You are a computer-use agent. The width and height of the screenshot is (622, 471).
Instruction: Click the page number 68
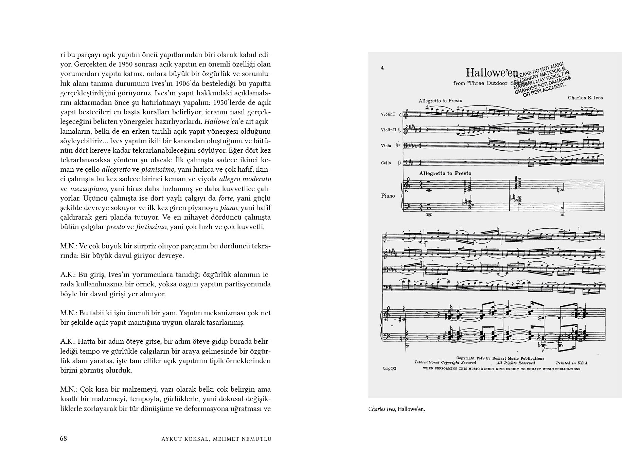64,438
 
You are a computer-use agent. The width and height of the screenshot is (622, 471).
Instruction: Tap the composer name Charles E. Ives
585,98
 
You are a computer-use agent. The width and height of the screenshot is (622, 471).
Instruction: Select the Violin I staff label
388,114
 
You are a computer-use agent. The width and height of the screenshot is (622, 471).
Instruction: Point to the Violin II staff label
389,130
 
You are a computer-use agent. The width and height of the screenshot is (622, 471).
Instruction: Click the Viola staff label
386,146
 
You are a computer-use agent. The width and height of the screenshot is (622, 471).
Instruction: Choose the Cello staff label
386,163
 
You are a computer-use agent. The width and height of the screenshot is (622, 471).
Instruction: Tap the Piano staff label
388,196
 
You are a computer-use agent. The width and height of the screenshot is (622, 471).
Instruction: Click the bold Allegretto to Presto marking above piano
445,173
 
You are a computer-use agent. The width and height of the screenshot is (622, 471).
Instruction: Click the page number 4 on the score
382,68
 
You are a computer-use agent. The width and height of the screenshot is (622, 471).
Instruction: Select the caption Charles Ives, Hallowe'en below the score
396,409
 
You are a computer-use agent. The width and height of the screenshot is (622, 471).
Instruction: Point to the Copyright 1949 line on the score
500,358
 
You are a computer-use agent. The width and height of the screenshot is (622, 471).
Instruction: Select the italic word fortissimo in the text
151,227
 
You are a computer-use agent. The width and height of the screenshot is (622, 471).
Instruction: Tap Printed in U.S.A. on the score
572,363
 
